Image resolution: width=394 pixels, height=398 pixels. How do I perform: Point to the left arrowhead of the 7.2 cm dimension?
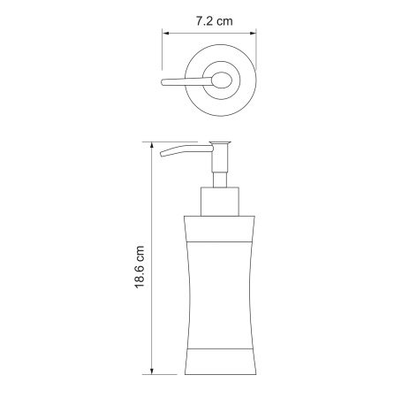coord(165,34)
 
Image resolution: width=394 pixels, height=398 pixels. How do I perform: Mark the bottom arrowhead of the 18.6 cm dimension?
coord(152,369)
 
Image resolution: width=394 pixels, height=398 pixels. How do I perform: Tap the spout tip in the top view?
coord(164,85)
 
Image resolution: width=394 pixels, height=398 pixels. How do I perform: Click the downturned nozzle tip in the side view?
coord(164,157)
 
